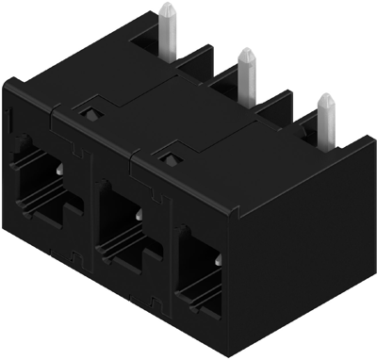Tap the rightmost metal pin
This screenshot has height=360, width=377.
click(x=326, y=117)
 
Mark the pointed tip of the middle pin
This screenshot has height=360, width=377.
click(x=248, y=51)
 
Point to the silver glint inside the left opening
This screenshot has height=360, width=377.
click(x=59, y=170)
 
